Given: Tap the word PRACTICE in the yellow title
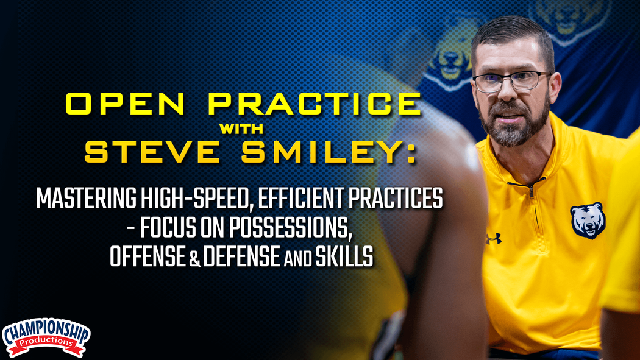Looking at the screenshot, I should [x=315, y=104].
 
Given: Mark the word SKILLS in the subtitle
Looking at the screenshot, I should [x=346, y=257].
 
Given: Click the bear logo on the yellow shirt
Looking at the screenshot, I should [x=587, y=220].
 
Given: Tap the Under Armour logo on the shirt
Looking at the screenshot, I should [x=493, y=238].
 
